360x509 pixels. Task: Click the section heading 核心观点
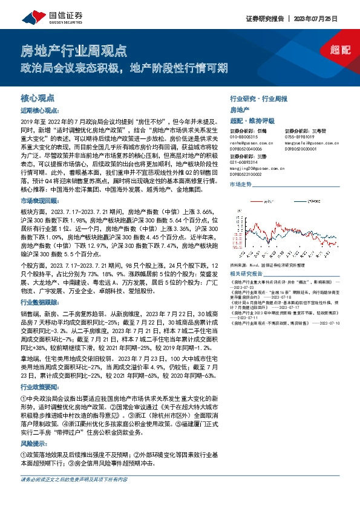tap(38, 97)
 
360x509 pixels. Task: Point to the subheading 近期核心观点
tap(39, 111)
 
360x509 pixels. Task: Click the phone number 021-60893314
tap(245, 161)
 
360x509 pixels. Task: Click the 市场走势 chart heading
tap(240, 183)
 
